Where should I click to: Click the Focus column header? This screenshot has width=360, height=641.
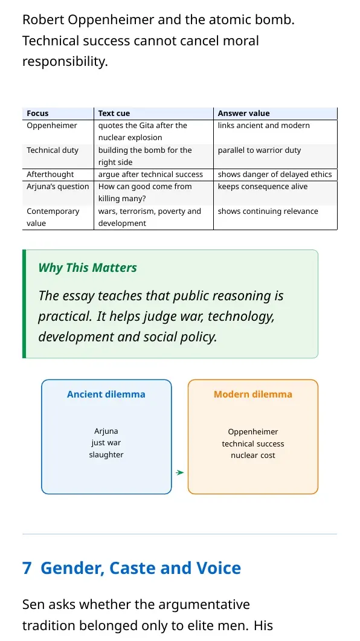point(37,113)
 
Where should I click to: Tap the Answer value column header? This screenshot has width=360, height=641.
point(243,113)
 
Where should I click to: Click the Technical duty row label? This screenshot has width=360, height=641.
point(53,150)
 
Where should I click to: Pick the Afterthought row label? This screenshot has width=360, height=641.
point(50,175)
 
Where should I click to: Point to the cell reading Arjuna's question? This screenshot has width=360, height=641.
point(57,187)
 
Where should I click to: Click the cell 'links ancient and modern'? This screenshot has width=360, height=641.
point(263,126)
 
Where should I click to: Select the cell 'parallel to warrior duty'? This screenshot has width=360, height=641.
point(259,150)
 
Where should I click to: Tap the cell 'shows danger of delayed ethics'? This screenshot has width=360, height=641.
point(275,175)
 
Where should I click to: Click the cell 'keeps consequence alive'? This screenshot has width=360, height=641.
point(262,187)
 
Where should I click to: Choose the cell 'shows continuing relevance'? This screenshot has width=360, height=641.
point(268,211)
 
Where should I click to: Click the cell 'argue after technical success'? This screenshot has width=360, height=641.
point(150,175)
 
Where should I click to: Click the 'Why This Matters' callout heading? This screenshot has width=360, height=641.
point(88,268)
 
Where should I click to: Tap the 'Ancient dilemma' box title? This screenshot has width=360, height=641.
point(106,394)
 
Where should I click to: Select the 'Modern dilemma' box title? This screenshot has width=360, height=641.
point(253,394)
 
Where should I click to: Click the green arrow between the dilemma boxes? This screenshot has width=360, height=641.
point(180,472)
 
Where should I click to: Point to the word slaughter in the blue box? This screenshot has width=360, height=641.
point(106,454)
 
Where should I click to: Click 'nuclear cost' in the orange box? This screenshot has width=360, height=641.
point(253,456)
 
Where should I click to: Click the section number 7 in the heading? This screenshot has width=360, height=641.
point(27,569)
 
